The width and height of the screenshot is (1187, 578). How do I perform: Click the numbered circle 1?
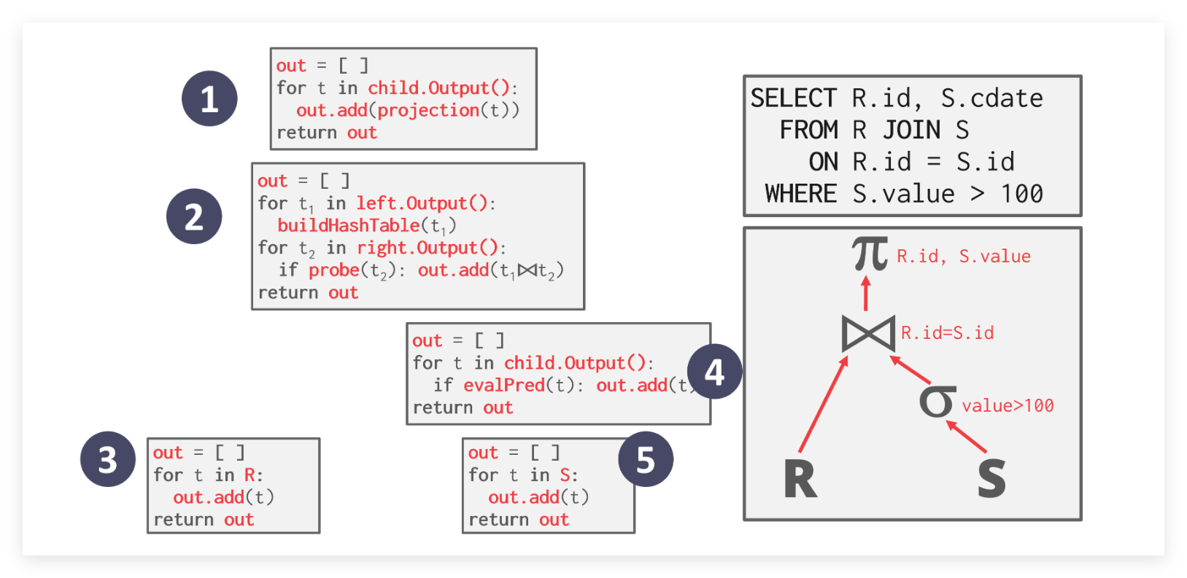pos(209,98)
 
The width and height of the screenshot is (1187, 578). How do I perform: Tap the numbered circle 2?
pos(194,216)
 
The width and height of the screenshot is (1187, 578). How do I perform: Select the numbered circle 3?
pos(108,459)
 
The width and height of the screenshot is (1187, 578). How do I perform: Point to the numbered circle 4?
pos(714,372)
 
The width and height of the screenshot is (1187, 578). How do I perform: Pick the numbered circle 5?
pos(646,460)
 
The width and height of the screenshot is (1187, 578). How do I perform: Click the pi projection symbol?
pos(870,254)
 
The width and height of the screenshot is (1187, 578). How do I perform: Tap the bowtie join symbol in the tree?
pos(868,334)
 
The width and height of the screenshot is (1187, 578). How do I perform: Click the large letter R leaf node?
pos(800,479)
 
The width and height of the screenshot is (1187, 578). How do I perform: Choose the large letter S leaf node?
pos(991,478)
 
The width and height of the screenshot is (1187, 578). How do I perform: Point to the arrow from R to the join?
pos(824,404)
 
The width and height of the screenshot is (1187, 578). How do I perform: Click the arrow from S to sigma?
pos(967,437)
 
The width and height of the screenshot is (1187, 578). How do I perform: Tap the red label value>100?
pos(1008,406)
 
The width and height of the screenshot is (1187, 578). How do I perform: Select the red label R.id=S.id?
pos(947,333)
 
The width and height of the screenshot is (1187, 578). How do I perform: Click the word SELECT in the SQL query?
pos(794,98)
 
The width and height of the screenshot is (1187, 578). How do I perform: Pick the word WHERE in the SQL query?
pos(801,194)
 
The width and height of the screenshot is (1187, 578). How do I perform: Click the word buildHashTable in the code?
pos(349,226)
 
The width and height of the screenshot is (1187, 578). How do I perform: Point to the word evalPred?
pos(504,385)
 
